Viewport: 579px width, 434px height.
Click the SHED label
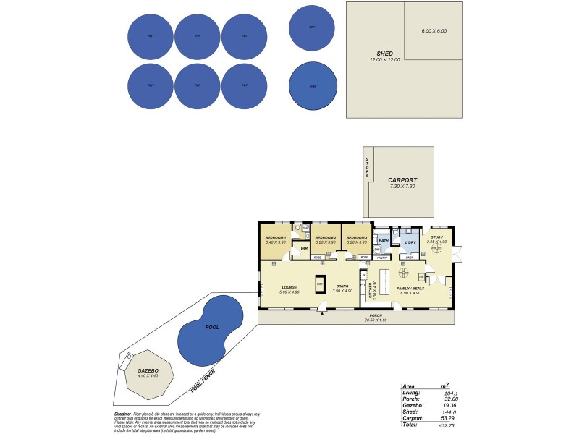pyautogui.click(x=384, y=54)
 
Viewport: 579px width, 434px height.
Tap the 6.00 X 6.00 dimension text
pyautogui.click(x=434, y=31)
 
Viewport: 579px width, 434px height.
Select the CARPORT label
pyautogui.click(x=402, y=180)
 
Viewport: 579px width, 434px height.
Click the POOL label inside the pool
pyautogui.click(x=211, y=328)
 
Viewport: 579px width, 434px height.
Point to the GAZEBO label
pyautogui.click(x=148, y=370)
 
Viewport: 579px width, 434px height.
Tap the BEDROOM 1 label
pyautogui.click(x=275, y=237)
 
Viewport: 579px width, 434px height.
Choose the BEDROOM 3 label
pyautogui.click(x=356, y=237)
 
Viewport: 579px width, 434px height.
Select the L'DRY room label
pyautogui.click(x=410, y=241)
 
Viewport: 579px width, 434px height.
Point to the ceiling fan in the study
pyautogui.click(x=437, y=247)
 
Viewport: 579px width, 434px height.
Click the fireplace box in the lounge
pyautogui.click(x=319, y=284)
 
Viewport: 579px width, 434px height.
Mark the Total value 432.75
pyautogui.click(x=454, y=424)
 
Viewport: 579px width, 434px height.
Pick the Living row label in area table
pyautogui.click(x=410, y=393)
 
